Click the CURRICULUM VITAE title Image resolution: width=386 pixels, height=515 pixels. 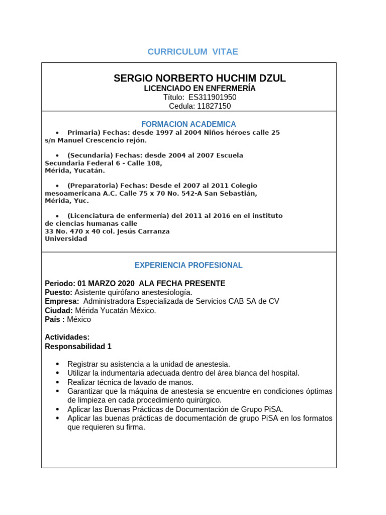pos(192,52)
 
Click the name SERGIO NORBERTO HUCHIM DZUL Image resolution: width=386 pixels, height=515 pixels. pos(200,78)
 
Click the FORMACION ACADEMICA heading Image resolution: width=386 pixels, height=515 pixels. pos(188,124)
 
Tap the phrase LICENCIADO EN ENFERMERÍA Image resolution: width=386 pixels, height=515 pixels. pos(200,88)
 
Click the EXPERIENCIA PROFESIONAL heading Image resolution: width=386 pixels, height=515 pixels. pos(188,265)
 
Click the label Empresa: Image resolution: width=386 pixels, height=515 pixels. pos(62,301)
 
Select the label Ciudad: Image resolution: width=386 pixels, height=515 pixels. pos(59,310)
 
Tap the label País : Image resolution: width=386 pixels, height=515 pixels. pos(55,319)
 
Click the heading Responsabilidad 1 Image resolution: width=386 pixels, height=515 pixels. pos(78,347)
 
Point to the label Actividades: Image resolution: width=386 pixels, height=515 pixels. pos(67,337)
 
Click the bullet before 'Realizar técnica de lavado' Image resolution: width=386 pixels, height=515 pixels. pos(57,382)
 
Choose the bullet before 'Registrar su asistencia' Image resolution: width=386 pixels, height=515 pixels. pos(57,364)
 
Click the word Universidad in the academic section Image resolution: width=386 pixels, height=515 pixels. pos(66,239)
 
